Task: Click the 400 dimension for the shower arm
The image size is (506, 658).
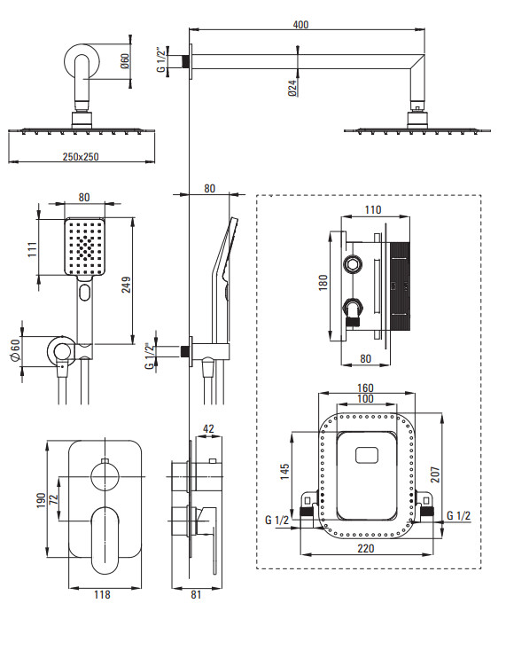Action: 300,24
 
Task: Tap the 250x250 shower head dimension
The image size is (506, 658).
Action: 81,157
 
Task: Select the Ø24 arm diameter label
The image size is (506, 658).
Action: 293,87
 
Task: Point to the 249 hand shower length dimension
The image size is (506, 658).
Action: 126,285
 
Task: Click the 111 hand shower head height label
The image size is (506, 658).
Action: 33,249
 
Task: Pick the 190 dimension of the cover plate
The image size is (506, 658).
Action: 41,500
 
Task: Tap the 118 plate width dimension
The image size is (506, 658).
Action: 102,594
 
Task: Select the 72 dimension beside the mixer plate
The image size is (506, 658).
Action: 53,499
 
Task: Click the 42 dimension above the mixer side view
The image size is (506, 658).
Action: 208,428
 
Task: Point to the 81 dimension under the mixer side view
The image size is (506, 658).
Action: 196,594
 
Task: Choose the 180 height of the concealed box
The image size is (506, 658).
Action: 323,283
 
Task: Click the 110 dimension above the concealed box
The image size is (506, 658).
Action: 373,209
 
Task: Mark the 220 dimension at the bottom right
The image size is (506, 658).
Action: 366,548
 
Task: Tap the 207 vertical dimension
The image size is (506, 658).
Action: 435,474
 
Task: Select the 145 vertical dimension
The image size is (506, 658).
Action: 284,472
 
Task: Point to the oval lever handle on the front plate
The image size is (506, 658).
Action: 105,540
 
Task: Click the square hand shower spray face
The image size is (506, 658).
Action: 84,247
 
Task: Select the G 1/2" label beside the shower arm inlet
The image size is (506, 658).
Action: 161,60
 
